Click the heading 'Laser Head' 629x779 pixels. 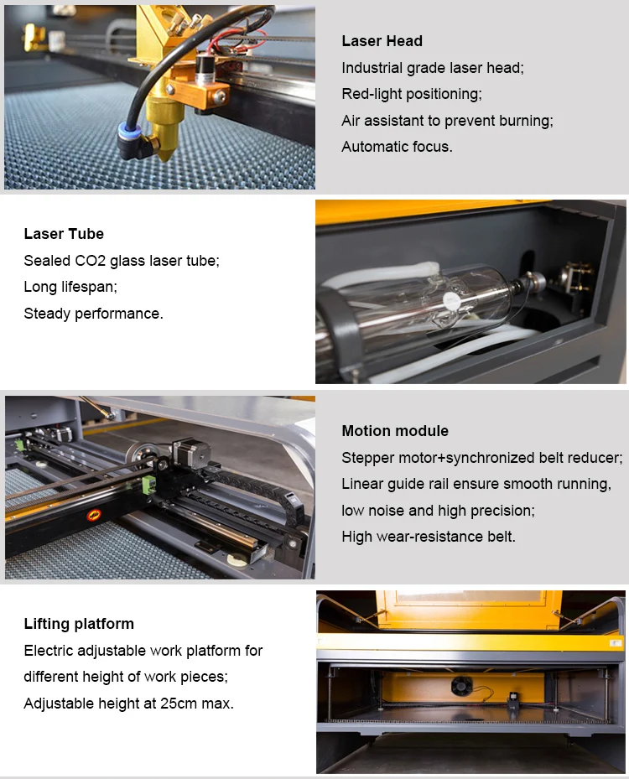pos(382,41)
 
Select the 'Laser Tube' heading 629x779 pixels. pos(64,234)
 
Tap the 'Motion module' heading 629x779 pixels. pos(395,431)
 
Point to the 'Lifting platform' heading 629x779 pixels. pos(79,624)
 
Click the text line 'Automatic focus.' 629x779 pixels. pos(397,147)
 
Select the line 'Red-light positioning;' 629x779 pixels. pos(412,94)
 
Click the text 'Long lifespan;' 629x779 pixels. pos(70,287)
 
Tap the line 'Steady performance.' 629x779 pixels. pos(93,314)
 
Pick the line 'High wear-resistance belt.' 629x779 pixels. pos(429,536)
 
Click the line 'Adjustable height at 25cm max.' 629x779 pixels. pos(128,704)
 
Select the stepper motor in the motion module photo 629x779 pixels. pos(190,454)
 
